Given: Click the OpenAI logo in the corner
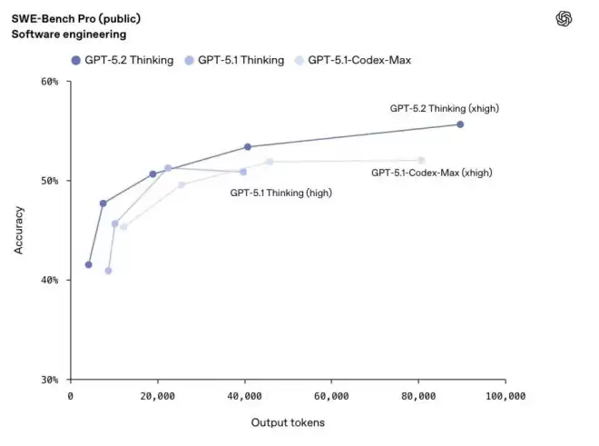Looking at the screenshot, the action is pyautogui.click(x=564, y=18).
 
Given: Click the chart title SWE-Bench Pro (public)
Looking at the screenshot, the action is pyautogui.click(x=76, y=18).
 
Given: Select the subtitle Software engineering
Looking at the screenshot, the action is pyautogui.click(x=69, y=34).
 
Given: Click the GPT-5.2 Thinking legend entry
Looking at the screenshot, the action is pyautogui.click(x=123, y=60).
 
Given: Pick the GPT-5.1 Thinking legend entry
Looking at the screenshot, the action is pyautogui.click(x=234, y=60).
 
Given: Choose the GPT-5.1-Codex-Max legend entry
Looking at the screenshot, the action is pyautogui.click(x=353, y=60).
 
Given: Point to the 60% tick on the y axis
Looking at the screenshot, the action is pyautogui.click(x=50, y=82).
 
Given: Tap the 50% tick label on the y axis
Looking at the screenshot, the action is pyautogui.click(x=50, y=181).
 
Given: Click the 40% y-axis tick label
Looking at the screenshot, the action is pyautogui.click(x=50, y=280).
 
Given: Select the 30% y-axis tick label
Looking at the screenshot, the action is pyautogui.click(x=50, y=380).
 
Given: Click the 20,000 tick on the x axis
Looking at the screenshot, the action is pyautogui.click(x=157, y=396).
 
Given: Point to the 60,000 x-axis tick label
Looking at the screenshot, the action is pyautogui.click(x=331, y=396).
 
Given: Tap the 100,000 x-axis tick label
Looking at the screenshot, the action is pyautogui.click(x=506, y=396).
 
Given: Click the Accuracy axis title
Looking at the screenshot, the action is pyautogui.click(x=19, y=231).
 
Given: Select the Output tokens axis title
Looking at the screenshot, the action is pyautogui.click(x=288, y=422).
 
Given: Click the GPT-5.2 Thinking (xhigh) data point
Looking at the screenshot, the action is pyautogui.click(x=460, y=124).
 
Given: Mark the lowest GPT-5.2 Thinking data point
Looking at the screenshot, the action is pyautogui.click(x=89, y=264).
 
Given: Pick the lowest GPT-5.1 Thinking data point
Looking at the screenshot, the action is pyautogui.click(x=108, y=271).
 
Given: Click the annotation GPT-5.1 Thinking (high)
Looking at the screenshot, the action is pyautogui.click(x=280, y=193).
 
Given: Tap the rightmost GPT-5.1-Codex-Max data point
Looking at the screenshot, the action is pyautogui.click(x=421, y=160).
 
